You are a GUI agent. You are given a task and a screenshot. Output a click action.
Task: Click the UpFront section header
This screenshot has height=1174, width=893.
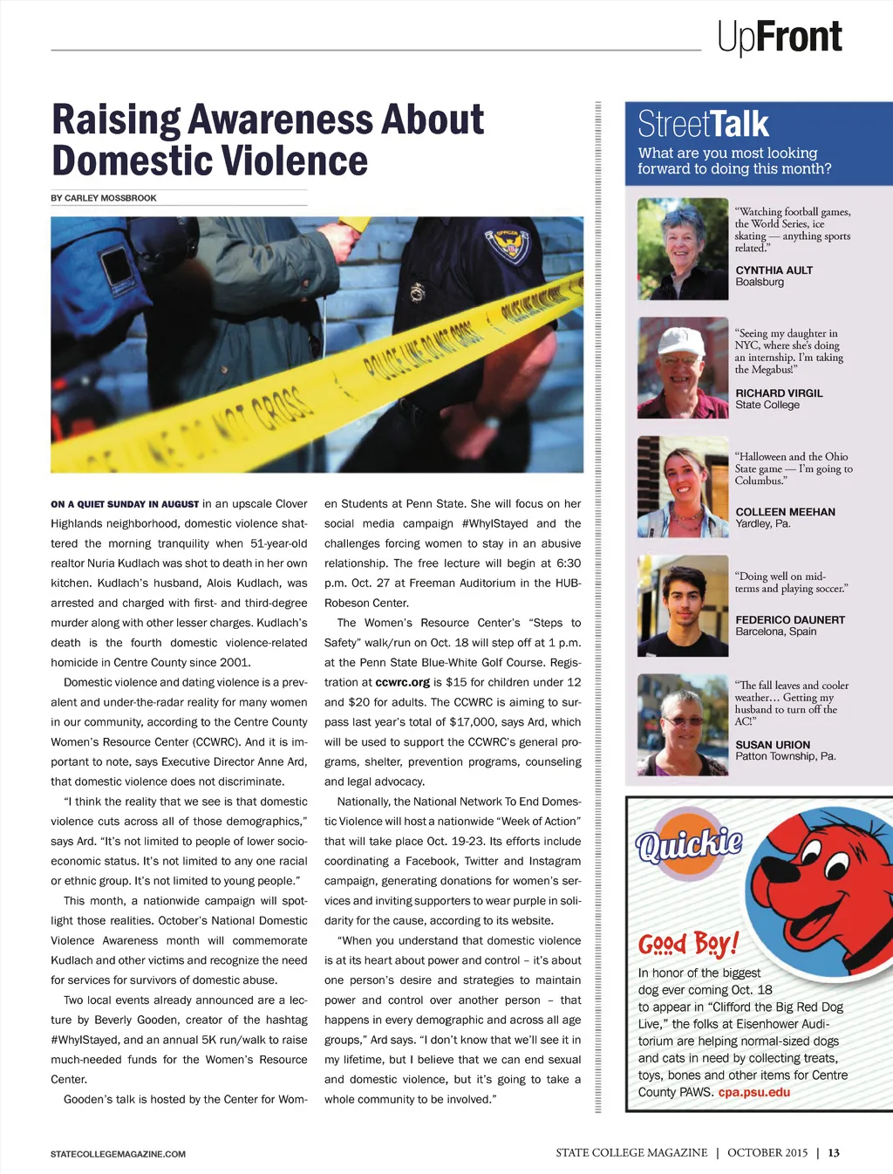coord(780,38)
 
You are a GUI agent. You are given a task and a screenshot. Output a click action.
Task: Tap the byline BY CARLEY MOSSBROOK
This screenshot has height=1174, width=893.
coord(104,198)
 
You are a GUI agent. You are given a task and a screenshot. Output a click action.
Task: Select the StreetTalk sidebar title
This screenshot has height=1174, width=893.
coord(703,124)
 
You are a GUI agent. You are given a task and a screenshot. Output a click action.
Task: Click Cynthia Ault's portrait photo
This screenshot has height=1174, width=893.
coord(682,249)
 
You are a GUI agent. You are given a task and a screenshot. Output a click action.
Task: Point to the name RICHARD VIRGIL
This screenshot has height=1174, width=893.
coord(779,393)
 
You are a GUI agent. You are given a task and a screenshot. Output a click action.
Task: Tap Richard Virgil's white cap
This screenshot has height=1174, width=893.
coord(681,340)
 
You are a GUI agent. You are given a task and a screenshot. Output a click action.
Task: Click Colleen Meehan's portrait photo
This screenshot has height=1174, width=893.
coord(682,487)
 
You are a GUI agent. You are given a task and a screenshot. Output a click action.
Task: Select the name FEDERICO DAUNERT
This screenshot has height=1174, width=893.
coord(790,620)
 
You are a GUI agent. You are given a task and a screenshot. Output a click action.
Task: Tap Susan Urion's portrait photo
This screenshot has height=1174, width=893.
coord(682,725)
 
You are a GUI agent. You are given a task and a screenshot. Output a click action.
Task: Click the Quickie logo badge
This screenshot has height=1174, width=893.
coord(689,843)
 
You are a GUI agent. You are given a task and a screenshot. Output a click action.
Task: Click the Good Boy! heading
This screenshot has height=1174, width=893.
coord(688,944)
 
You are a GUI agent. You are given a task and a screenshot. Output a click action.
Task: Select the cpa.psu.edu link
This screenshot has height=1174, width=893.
coord(753,1092)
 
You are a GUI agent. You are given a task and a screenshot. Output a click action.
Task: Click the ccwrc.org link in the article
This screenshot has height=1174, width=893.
coord(402,682)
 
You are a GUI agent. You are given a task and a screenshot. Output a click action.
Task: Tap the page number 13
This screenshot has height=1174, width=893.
coord(834,1153)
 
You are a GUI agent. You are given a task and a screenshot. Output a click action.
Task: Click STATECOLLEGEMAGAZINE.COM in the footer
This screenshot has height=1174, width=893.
coord(118,1154)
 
